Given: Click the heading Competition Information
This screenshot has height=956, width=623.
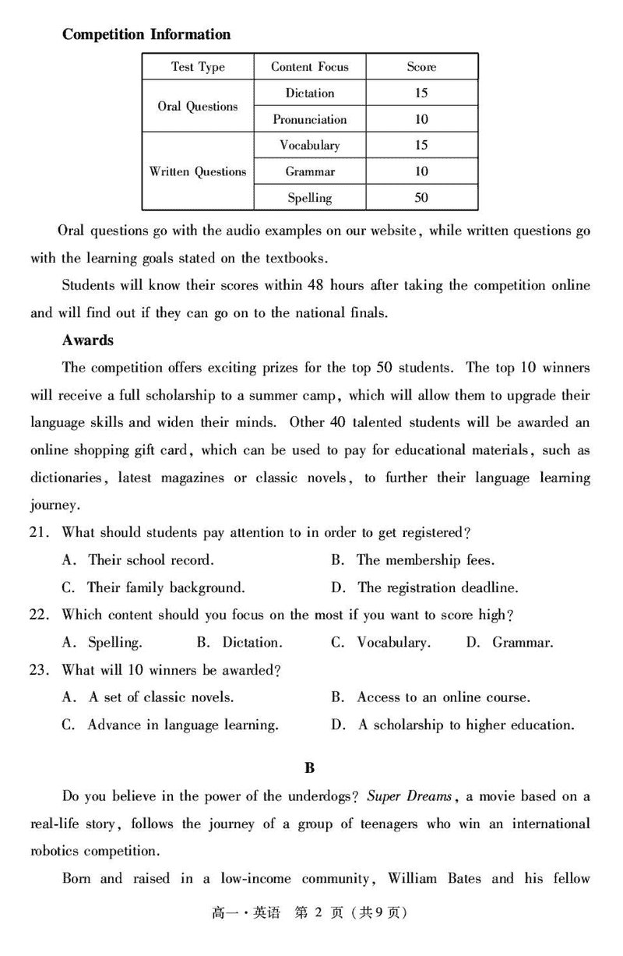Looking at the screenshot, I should [146, 34].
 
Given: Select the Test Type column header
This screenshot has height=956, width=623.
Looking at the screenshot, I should [198, 67].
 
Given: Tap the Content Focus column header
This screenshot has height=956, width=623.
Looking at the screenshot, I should [310, 67].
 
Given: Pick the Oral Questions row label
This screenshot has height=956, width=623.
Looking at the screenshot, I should [198, 106].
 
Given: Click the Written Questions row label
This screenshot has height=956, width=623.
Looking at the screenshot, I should [198, 171].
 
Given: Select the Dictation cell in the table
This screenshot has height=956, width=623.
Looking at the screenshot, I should [310, 93].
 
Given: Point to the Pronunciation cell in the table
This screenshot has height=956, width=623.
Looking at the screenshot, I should [310, 119].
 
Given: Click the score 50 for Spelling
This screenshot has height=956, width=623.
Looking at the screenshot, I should [421, 198].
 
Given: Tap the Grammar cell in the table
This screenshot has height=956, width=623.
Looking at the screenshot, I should [310, 171].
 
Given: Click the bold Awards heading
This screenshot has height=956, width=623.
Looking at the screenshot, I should [88, 340].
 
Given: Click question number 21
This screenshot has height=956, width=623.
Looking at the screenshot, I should [40, 533].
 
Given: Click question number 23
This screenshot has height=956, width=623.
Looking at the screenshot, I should [40, 670].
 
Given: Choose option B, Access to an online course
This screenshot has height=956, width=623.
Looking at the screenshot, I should [443, 697].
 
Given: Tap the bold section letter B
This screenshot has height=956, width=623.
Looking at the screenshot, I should [310, 768].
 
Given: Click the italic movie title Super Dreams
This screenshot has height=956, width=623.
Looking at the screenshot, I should [410, 796].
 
